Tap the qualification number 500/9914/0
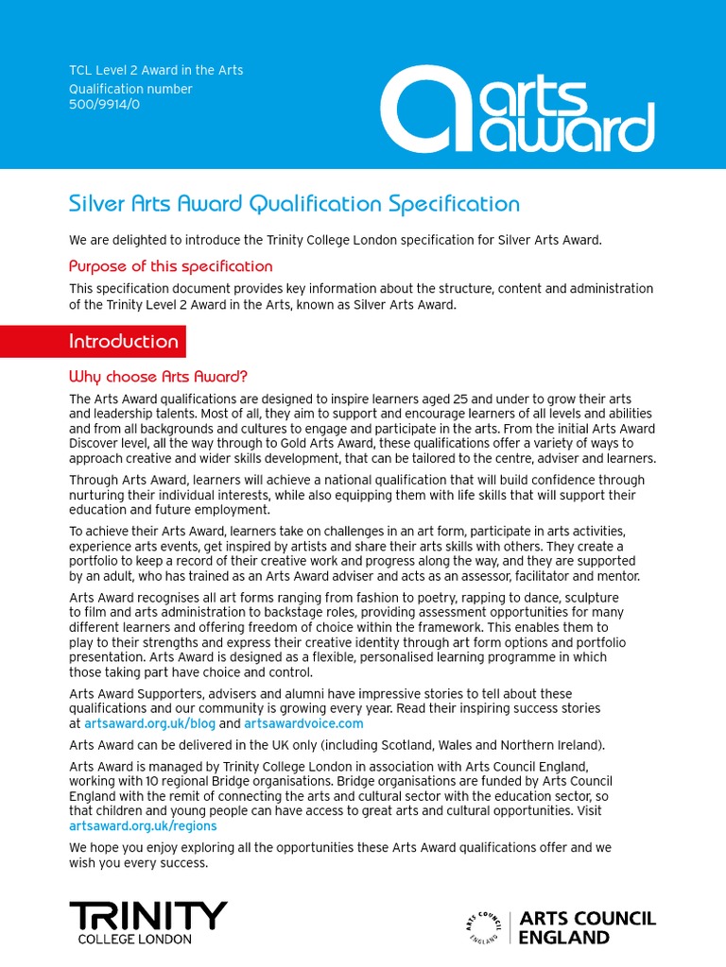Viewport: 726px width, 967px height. [x=104, y=105]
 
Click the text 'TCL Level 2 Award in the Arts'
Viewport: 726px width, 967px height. [x=156, y=71]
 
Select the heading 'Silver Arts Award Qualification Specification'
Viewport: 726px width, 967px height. [x=294, y=204]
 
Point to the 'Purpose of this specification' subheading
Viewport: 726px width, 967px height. [x=170, y=266]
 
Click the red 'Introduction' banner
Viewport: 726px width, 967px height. [x=124, y=342]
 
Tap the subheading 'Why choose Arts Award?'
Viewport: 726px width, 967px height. [x=158, y=377]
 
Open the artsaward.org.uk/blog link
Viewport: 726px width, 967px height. [x=149, y=723]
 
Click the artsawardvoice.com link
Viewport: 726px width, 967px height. [x=303, y=723]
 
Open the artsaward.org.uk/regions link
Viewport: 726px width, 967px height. [x=143, y=825]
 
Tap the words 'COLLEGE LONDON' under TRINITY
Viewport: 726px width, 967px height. [x=134, y=939]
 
